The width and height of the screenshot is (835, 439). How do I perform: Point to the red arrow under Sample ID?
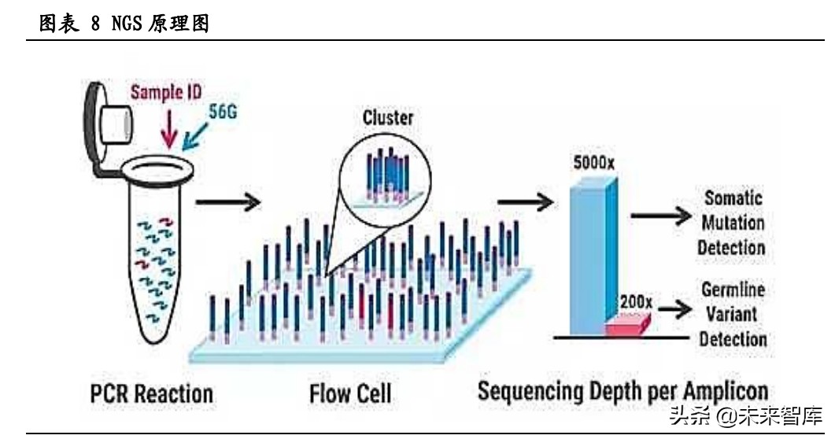(x=168, y=126)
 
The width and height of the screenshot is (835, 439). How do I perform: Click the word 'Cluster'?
(x=387, y=117)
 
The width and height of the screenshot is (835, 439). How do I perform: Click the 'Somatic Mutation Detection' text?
(x=733, y=223)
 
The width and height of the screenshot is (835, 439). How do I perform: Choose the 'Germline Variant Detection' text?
(x=733, y=314)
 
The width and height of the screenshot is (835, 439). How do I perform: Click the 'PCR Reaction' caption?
(x=150, y=393)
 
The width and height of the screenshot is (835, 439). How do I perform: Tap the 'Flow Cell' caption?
(x=350, y=393)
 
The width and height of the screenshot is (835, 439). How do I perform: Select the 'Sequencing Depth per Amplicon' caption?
(x=623, y=391)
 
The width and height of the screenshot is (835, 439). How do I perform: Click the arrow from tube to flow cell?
(x=227, y=202)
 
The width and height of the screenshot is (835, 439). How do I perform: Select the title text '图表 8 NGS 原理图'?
(x=124, y=24)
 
